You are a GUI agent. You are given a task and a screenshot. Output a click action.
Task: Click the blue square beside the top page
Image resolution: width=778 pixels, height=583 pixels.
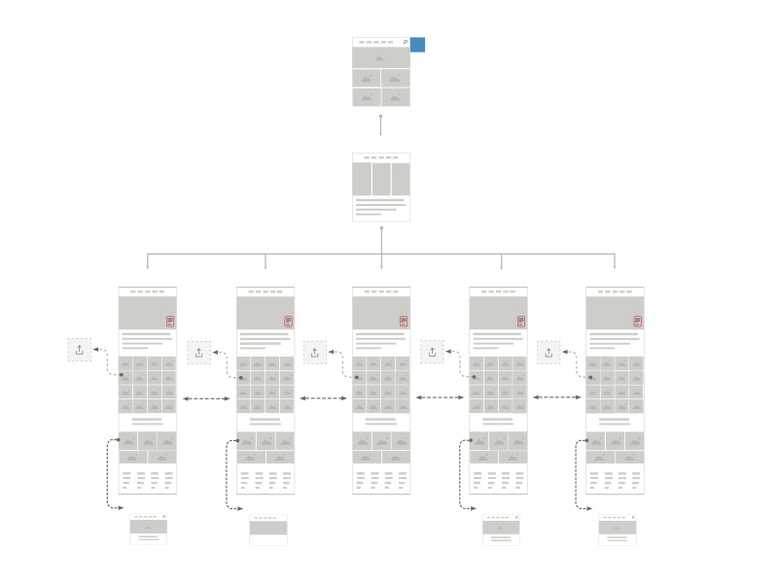pyautogui.click(x=417, y=44)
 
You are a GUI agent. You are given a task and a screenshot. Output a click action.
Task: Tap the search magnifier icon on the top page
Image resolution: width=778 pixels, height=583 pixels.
pyautogui.click(x=405, y=43)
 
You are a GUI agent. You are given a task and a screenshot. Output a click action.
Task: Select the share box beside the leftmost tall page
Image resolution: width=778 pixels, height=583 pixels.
pyautogui.click(x=80, y=350)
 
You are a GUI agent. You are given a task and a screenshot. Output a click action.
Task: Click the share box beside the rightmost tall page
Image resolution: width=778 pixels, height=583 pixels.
pyautogui.click(x=548, y=353)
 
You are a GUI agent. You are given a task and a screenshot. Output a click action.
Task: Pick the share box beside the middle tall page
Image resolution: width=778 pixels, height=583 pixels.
pyautogui.click(x=315, y=352)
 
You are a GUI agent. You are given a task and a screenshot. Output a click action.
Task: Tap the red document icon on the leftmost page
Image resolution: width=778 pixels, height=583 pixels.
pyautogui.click(x=170, y=321)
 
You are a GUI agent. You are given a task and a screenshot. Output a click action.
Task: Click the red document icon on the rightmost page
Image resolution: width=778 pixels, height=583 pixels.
pyautogui.click(x=637, y=321)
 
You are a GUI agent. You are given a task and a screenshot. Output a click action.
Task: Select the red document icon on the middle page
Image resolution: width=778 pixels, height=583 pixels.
pyautogui.click(x=404, y=321)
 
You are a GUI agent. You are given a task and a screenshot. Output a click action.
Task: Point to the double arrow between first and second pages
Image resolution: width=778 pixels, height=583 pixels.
pyautogui.click(x=206, y=398)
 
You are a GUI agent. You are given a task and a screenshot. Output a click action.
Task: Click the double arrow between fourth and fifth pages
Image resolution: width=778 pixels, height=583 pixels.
pyautogui.click(x=556, y=397)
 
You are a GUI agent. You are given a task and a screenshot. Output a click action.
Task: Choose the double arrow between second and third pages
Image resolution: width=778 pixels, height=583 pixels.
pyautogui.click(x=323, y=398)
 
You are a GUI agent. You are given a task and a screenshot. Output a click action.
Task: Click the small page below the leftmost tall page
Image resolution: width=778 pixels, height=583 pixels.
pyautogui.click(x=149, y=529)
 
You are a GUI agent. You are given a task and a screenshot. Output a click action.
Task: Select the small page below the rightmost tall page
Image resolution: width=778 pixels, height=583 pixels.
pyautogui.click(x=618, y=529)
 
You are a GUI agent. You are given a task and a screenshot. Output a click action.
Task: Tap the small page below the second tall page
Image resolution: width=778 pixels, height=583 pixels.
pyautogui.click(x=268, y=530)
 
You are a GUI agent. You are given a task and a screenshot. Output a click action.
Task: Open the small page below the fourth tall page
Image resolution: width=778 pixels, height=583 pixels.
pyautogui.click(x=501, y=529)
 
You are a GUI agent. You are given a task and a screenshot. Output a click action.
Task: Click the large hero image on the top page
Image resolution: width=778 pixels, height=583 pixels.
pyautogui.click(x=380, y=57)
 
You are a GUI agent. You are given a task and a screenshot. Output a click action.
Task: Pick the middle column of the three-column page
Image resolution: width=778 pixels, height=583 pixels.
pyautogui.click(x=381, y=179)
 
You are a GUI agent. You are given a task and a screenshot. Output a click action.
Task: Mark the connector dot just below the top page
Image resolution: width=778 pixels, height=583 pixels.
pyautogui.click(x=380, y=117)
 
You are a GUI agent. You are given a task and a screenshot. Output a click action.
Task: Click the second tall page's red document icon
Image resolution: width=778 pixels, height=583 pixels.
pyautogui.click(x=288, y=321)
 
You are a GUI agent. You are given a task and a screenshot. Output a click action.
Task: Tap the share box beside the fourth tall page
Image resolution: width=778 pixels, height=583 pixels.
pyautogui.click(x=432, y=352)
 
